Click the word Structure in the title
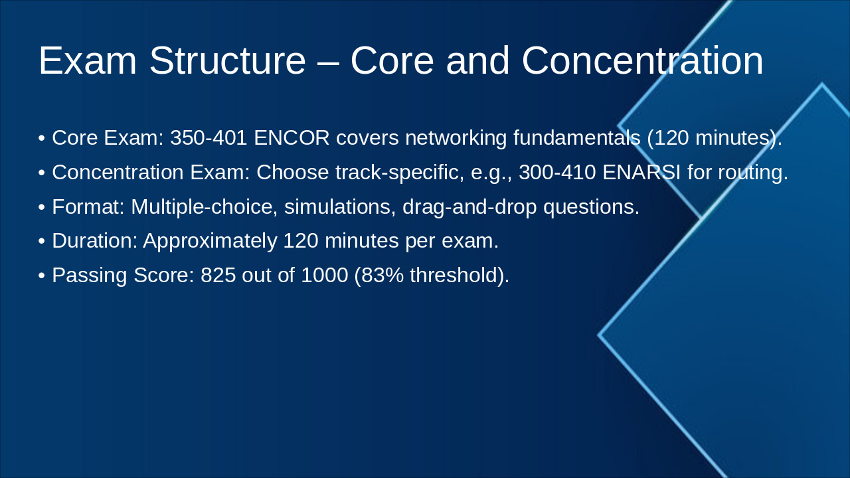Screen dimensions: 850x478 pyautogui.click(x=228, y=60)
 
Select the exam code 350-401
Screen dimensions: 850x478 pyautogui.click(x=209, y=137)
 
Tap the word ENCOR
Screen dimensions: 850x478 pyautogui.click(x=292, y=137)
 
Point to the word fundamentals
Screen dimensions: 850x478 pyautogui.click(x=577, y=137)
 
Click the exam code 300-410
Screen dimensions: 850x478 pyautogui.click(x=557, y=172)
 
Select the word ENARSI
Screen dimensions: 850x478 pyautogui.click(x=641, y=172)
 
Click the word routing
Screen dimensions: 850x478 pyautogui.click(x=753, y=173)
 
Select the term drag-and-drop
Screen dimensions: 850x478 pyautogui.click(x=469, y=208)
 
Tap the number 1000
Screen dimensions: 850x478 pyautogui.click(x=325, y=275)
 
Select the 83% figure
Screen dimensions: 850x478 pyautogui.click(x=382, y=275)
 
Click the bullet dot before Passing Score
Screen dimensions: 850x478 pyautogui.click(x=42, y=276)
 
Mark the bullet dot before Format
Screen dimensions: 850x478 pyautogui.click(x=42, y=208)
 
